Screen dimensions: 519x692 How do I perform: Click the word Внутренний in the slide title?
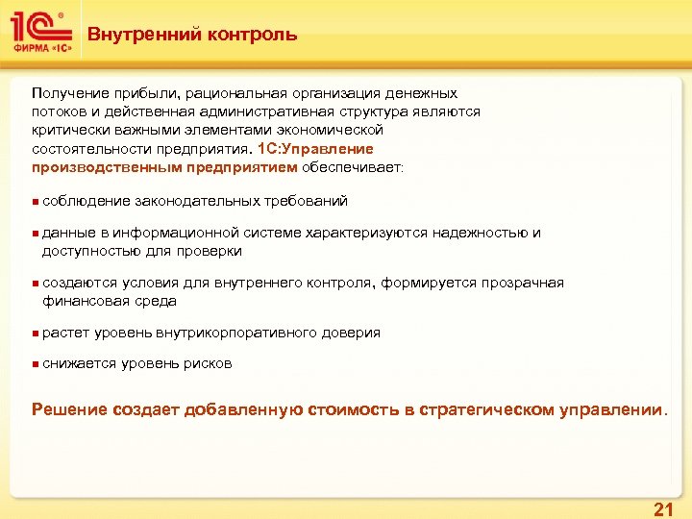(134, 36)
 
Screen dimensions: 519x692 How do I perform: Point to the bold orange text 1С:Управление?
(316, 149)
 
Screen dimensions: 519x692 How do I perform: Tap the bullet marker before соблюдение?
(35, 202)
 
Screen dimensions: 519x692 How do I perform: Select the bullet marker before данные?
(35, 234)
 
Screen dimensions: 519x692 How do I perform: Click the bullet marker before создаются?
(35, 284)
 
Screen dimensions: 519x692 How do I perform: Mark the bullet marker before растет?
(35, 334)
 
